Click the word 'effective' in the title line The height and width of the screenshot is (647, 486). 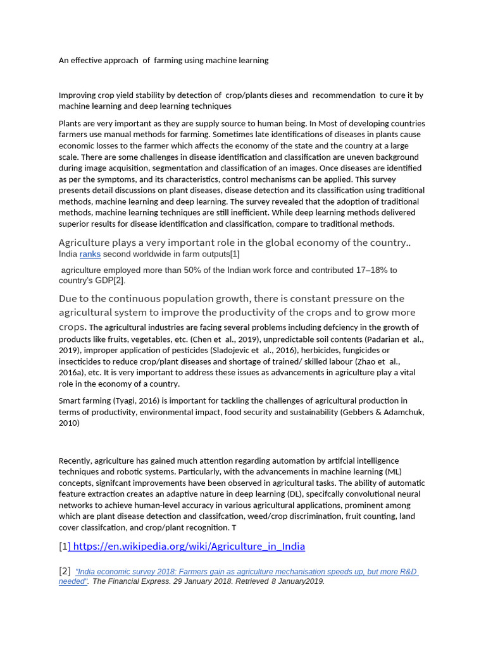(x=92, y=61)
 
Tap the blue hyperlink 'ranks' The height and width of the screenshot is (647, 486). (x=90, y=255)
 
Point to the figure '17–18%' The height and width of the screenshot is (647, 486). (x=371, y=270)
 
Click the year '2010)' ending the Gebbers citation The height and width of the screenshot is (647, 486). (x=69, y=424)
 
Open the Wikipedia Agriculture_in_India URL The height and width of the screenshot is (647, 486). (x=189, y=547)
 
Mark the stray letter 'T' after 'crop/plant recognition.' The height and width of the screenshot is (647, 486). (x=234, y=528)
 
